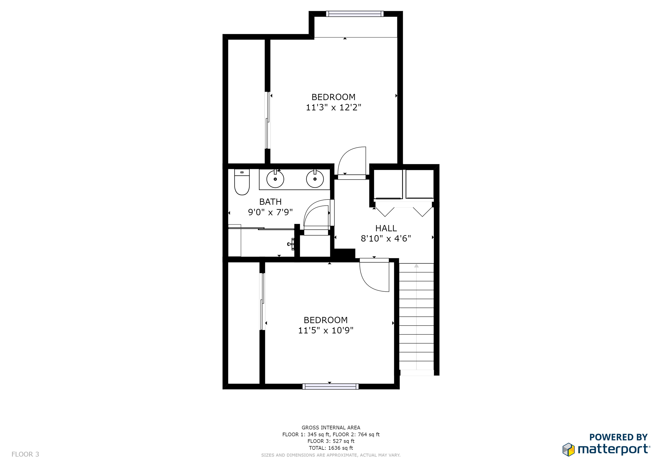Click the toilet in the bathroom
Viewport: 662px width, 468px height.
pyautogui.click(x=242, y=182)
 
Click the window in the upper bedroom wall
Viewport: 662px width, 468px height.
pyautogui.click(x=355, y=14)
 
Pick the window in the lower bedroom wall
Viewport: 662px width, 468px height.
pyautogui.click(x=330, y=386)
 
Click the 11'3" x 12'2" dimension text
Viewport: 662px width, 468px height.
pyautogui.click(x=333, y=107)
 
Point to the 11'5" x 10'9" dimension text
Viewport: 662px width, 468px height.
pyautogui.click(x=325, y=330)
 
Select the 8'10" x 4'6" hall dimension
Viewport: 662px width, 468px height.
pyautogui.click(x=386, y=239)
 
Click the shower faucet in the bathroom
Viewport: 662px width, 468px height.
pyautogui.click(x=291, y=244)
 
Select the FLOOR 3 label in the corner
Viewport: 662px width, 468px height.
pyautogui.click(x=25, y=455)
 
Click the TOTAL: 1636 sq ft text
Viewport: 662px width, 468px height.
pyautogui.click(x=331, y=448)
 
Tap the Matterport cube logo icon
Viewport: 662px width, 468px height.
pyautogui.click(x=568, y=450)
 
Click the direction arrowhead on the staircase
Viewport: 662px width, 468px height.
pyautogui.click(x=416, y=266)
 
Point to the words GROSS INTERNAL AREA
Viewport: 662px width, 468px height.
pyautogui.click(x=331, y=428)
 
